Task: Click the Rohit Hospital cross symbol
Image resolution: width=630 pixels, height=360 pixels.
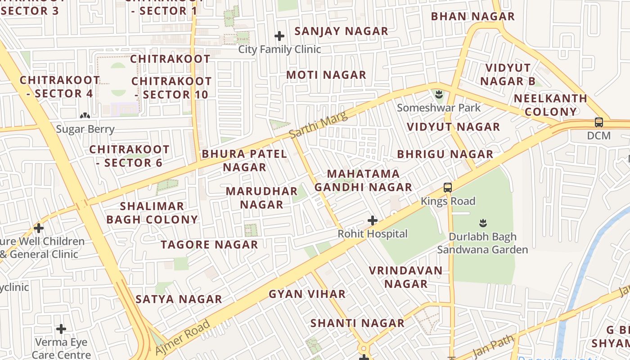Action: (372, 220)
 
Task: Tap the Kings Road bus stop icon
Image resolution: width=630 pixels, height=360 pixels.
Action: (447, 188)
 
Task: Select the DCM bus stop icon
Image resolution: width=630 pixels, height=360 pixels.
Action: (598, 122)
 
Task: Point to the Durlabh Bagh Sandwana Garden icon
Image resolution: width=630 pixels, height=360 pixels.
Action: (483, 223)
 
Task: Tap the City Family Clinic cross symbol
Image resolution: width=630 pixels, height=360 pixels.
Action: (279, 36)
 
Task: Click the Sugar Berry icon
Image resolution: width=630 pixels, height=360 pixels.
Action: (85, 116)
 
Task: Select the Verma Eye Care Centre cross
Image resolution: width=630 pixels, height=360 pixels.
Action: (61, 329)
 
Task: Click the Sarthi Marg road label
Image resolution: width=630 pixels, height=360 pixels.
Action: (318, 125)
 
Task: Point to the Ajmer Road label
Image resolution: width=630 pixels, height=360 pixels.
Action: (183, 337)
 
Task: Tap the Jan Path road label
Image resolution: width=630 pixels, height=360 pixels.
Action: (494, 346)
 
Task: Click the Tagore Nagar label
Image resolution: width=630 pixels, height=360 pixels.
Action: (209, 245)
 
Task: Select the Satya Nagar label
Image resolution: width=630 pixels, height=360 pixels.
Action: (179, 299)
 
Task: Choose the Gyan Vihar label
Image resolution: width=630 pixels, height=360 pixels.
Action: (307, 294)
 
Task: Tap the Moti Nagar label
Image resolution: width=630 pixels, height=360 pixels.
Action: (326, 75)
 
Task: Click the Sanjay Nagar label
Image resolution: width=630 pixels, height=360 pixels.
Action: (341, 31)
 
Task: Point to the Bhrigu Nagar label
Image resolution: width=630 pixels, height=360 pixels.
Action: (445, 154)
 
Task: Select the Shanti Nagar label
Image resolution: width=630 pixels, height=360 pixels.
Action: (357, 323)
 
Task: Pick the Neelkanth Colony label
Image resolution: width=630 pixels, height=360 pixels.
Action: (550, 105)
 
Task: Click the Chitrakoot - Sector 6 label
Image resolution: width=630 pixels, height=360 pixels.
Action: (129, 156)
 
